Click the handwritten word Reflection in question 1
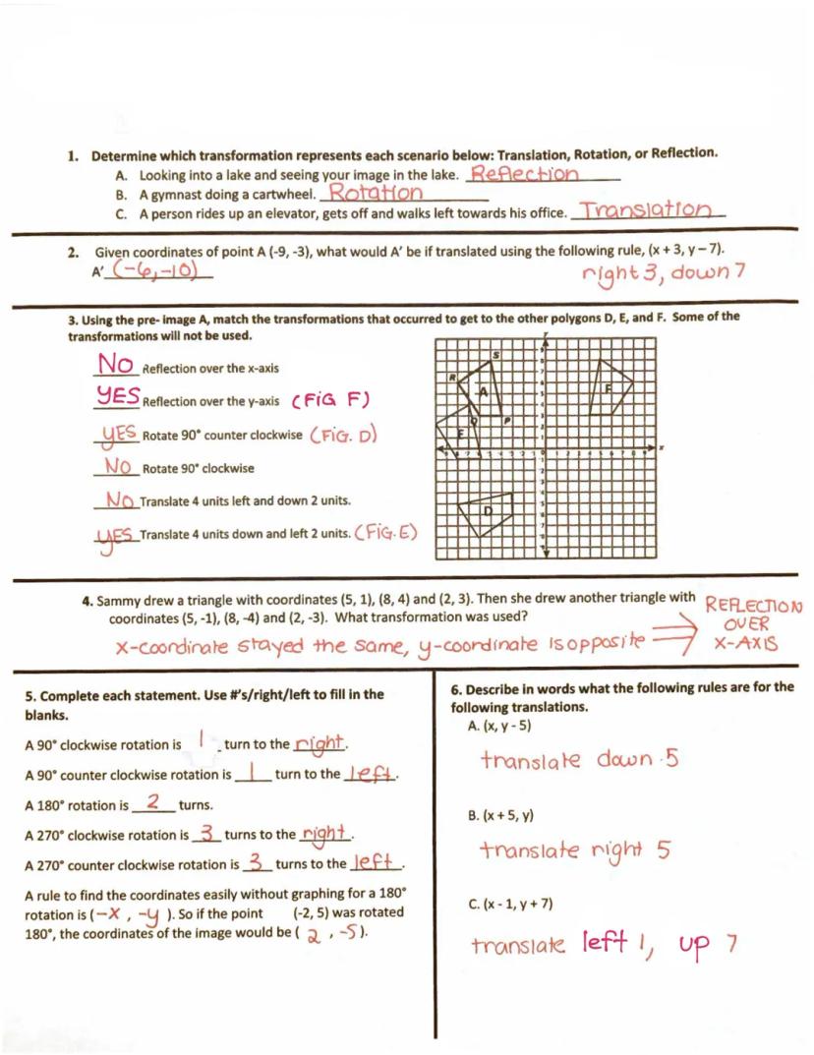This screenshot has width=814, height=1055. click(524, 174)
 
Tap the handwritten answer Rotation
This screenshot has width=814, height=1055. click(375, 193)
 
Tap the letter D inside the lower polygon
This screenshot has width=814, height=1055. click(488, 510)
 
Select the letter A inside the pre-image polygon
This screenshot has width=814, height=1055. click(483, 391)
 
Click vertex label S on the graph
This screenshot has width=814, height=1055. click(495, 354)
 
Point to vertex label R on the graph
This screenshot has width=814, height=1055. click(451, 377)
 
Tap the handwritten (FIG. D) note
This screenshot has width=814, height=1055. click(344, 435)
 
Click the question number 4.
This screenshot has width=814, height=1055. click(87, 599)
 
